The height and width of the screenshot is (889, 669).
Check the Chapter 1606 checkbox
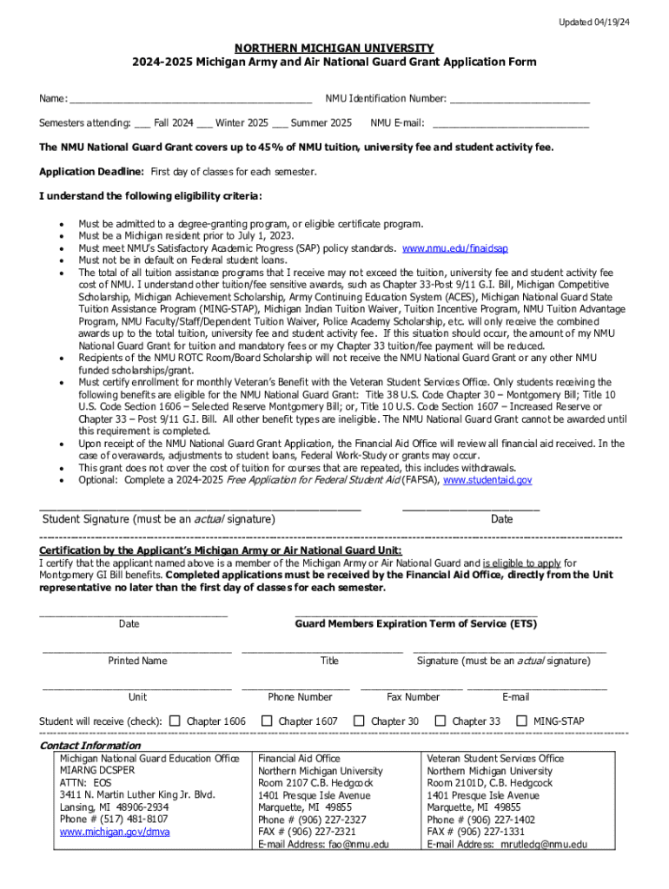pyautogui.click(x=175, y=721)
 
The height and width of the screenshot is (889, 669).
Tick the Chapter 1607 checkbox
pyautogui.click(x=268, y=721)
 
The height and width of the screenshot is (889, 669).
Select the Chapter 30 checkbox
pyautogui.click(x=358, y=721)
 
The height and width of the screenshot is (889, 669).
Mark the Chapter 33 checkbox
pyautogui.click(x=440, y=721)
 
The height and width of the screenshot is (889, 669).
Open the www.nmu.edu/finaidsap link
pyautogui.click(x=454, y=247)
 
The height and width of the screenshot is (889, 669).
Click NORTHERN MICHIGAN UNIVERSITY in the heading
pyautogui.click(x=334, y=48)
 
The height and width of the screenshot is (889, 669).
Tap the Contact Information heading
pyautogui.click(x=90, y=746)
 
